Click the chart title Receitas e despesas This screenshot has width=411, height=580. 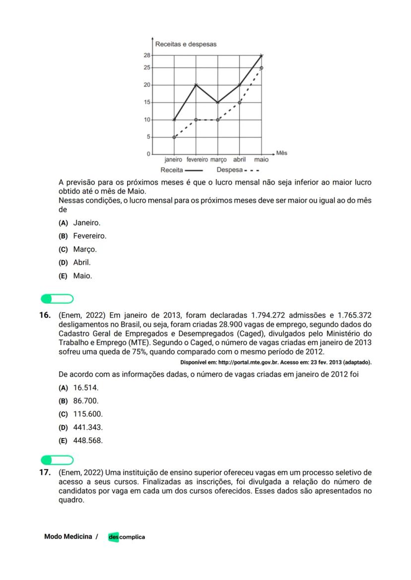186,44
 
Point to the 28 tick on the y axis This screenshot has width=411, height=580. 147,56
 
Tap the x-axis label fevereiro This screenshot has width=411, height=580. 197,160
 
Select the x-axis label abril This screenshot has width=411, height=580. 239,160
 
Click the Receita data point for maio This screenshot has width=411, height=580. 262,56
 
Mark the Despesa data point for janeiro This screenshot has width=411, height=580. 174,137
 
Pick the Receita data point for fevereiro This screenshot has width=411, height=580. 196,85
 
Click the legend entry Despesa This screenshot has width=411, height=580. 229,170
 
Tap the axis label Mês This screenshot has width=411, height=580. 281,153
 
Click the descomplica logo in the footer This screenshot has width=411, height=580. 127,537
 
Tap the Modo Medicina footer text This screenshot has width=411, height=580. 68,536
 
